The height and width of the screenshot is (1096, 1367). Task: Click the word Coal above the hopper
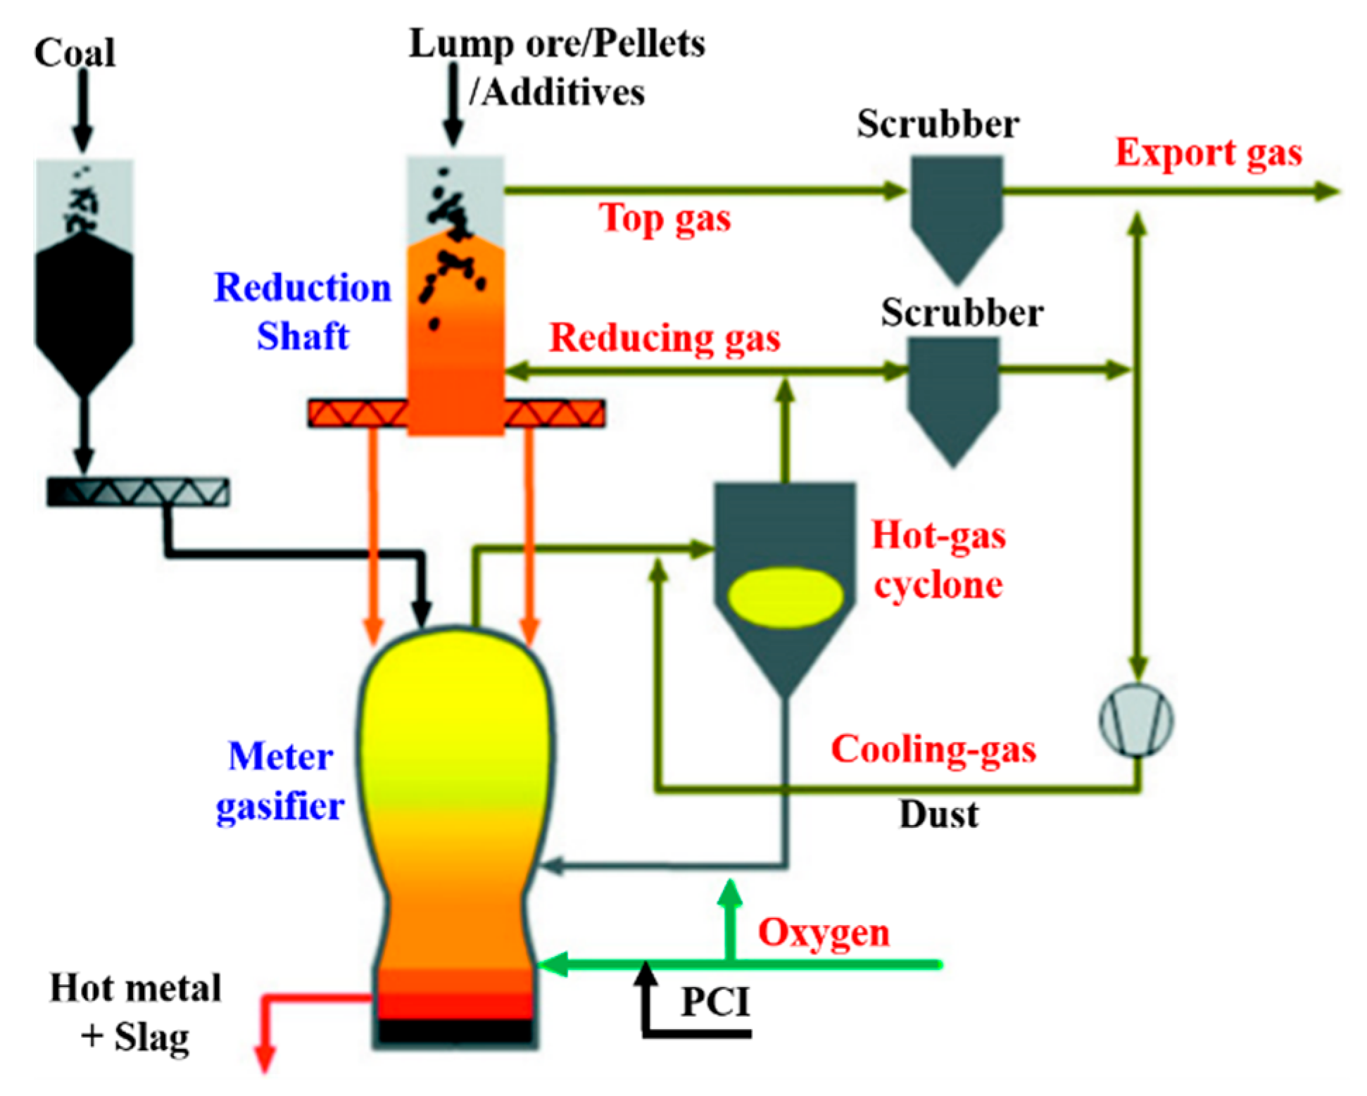coord(75,53)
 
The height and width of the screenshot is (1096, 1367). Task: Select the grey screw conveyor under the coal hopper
coord(138,492)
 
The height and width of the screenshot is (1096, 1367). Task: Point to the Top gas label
coord(665,218)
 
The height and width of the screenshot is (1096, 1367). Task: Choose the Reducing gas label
coord(665,338)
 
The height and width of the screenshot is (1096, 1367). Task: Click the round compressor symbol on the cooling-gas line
coord(1136,720)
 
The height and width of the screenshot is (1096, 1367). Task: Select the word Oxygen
coord(824,933)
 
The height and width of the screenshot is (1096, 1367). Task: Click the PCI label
coord(716,1002)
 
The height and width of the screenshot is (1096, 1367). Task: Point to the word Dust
coord(939,814)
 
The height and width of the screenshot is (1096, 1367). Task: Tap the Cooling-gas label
coord(934,750)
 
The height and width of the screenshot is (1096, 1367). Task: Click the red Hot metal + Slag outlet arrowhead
coord(265,1059)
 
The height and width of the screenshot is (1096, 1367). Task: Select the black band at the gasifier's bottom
coord(455,1031)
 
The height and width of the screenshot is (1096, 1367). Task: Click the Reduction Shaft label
coord(303,311)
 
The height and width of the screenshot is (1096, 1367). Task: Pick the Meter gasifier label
coord(280,781)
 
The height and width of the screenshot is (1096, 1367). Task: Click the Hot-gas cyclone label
coord(939,560)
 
